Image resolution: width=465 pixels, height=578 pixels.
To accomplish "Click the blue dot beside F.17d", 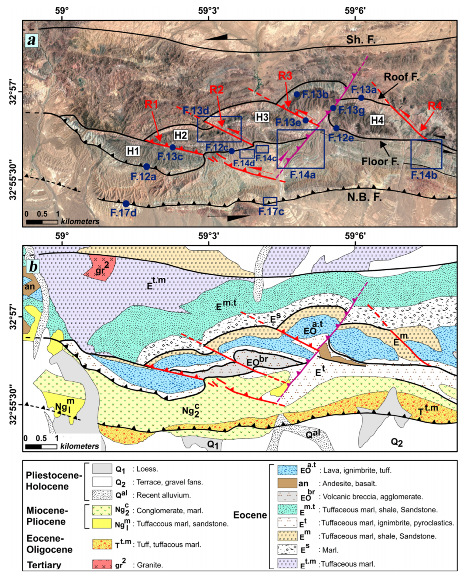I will coord(126,204).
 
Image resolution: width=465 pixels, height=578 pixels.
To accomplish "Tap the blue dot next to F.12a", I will coord(147,166).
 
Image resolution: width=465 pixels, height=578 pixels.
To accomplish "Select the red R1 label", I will coord(151,104).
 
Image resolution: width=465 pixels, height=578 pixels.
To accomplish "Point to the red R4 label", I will coord(435,106).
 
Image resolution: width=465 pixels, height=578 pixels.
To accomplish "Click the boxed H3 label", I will coord(262,117).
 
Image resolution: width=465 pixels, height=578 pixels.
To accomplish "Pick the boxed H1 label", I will coord(133,151).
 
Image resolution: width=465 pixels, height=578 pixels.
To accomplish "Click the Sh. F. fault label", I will coord(361,39).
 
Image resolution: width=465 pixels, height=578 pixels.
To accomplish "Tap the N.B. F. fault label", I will coord(364,197).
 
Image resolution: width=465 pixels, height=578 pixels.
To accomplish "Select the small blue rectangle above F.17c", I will coord(270,201).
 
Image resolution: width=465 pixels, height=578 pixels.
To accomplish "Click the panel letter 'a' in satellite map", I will coord(32,40).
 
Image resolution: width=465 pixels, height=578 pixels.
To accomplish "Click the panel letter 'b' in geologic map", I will coord(33,266).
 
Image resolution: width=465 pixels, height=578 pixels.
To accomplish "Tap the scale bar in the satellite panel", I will coord(42,221).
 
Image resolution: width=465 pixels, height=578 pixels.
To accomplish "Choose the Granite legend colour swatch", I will coord(102,564).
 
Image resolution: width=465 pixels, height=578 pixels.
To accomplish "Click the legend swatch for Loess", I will coord(102,469).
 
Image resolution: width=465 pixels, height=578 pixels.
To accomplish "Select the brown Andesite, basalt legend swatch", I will coord(287,483).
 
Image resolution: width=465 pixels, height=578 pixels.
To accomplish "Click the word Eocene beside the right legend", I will coord(250,515).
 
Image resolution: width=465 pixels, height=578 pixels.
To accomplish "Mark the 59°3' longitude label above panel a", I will coord(208,10).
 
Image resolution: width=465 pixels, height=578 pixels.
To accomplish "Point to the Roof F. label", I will coord(401,77).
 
